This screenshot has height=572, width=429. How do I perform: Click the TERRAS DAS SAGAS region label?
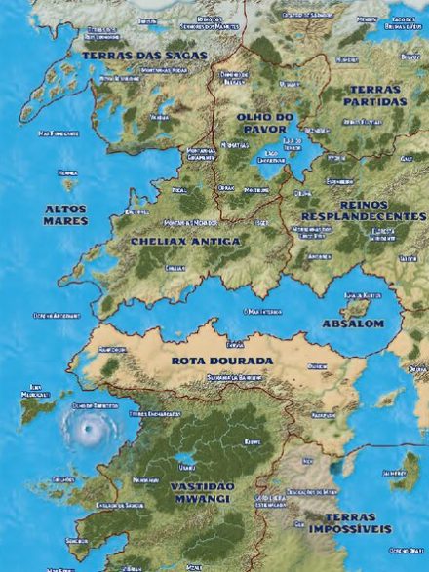point(144,56)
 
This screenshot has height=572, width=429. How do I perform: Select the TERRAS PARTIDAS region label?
point(373,95)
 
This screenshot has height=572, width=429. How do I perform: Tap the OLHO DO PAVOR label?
point(264,122)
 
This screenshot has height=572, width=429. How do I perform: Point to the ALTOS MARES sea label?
point(65,214)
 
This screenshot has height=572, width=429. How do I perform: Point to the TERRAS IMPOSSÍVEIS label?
point(350,523)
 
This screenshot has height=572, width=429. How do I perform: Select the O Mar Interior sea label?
point(261,312)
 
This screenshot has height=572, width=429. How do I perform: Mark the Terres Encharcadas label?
point(154,413)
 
